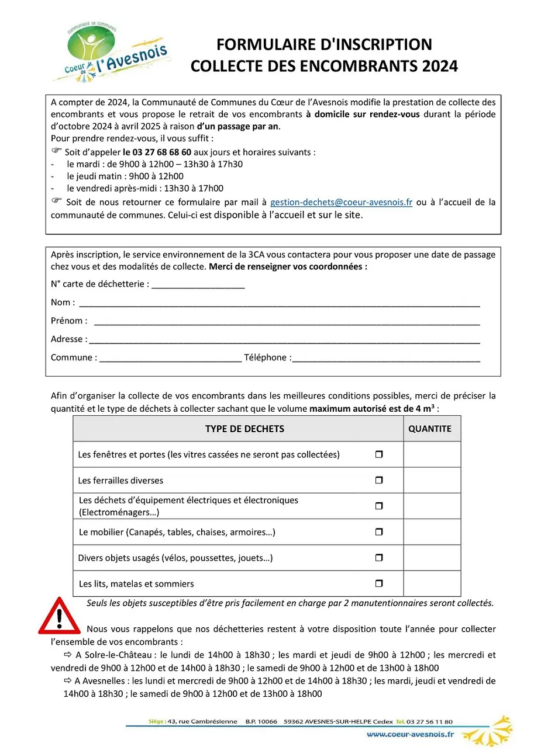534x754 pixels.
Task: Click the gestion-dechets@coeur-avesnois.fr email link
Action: pyautogui.click(x=341, y=202)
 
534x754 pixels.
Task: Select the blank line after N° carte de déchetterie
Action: pyautogui.click(x=198, y=285)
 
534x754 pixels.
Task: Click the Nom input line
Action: pyautogui.click(x=279, y=304)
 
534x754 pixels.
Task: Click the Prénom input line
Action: pyautogui.click(x=287, y=322)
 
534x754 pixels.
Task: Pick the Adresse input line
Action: pyautogui.click(x=284, y=340)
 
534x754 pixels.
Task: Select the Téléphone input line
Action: pyautogui.click(x=386, y=359)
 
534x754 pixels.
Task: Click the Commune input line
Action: pyautogui.click(x=170, y=359)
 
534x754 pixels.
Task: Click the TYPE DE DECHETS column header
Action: pyautogui.click(x=244, y=429)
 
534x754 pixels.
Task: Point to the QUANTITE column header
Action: pyautogui.click(x=430, y=429)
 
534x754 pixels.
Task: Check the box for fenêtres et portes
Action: pyautogui.click(x=378, y=454)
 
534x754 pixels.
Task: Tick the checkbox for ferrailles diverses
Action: pyautogui.click(x=378, y=480)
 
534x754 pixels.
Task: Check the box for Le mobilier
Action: pyautogui.click(x=378, y=532)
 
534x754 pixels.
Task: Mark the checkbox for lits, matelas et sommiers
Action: pyautogui.click(x=378, y=583)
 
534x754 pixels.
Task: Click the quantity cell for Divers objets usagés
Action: pyautogui.click(x=432, y=558)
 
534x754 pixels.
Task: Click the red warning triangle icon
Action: pyautogui.click(x=58, y=616)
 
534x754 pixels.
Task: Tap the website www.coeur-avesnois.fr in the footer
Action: pyautogui.click(x=410, y=735)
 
